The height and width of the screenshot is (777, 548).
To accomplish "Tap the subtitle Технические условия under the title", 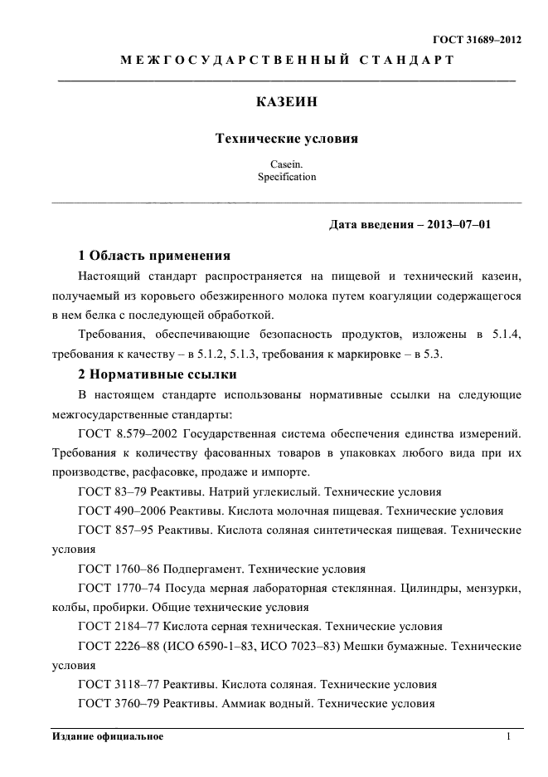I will pos(286,139).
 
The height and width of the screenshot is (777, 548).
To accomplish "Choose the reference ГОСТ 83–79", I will pos(112,491).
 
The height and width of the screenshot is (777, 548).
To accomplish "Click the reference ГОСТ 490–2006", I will pos(119,511).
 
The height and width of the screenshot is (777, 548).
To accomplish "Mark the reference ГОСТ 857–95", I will pos(114,530).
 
